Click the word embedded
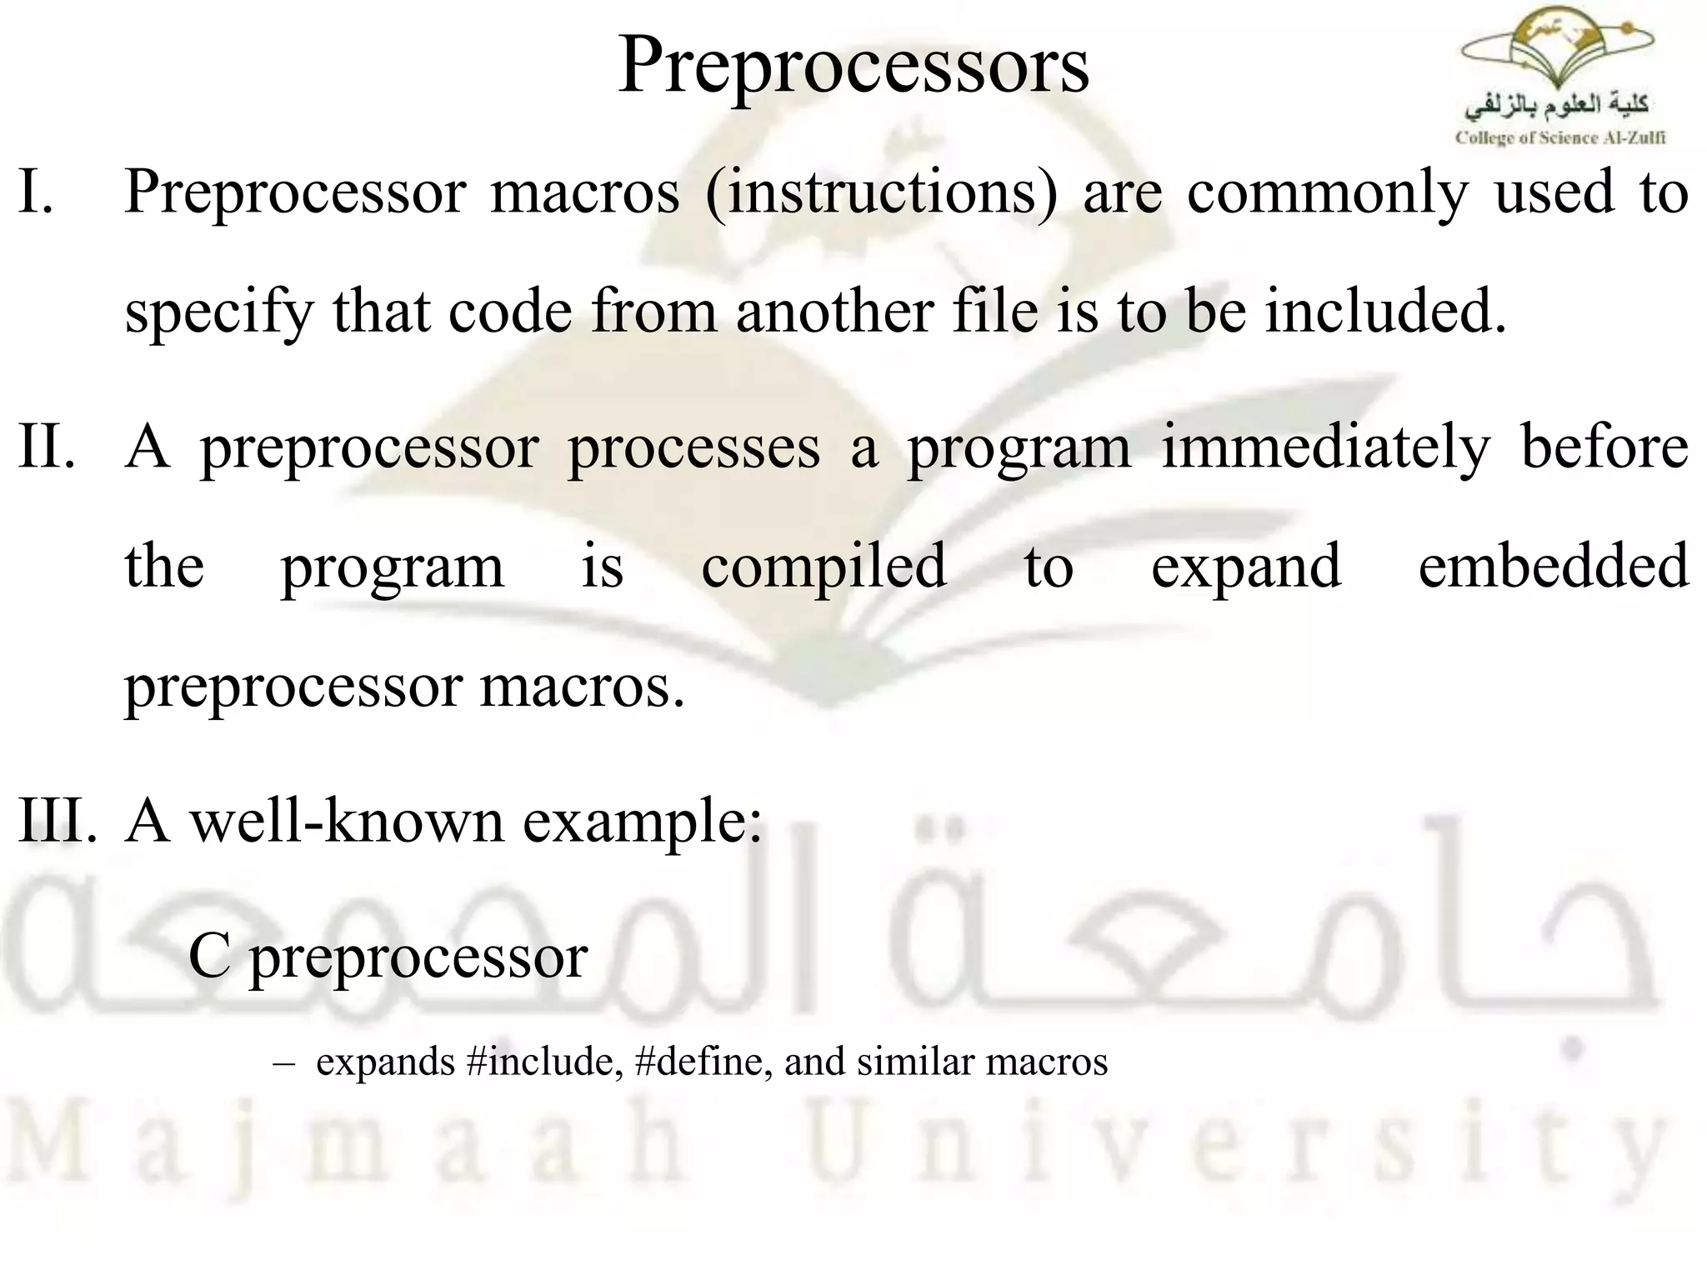coord(1553,567)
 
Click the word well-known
coord(347,820)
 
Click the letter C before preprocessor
coord(208,956)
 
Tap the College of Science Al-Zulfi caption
coord(1559,138)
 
